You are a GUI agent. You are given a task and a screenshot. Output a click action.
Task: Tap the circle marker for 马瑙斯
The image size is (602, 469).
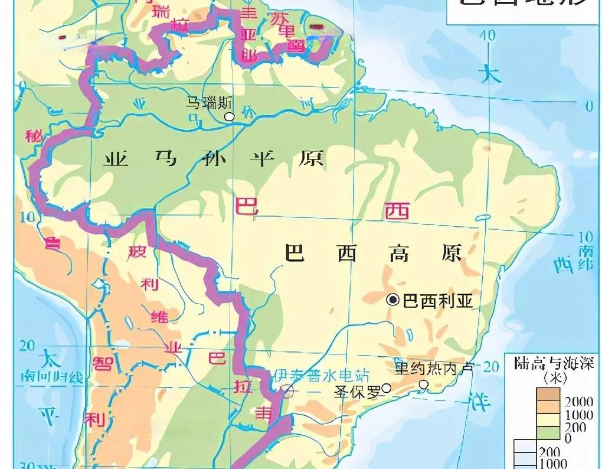pos(230,117)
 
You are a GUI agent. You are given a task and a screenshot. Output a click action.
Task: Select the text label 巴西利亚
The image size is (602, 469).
pos(437,301)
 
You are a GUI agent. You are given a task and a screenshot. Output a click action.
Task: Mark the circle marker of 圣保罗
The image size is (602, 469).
pos(387,387)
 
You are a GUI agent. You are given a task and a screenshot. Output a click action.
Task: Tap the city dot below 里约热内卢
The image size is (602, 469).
pos(424,385)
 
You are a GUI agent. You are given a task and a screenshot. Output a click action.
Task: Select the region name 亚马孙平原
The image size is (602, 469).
pos(213,158)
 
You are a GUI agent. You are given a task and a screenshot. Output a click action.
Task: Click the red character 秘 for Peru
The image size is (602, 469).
pos(32,136)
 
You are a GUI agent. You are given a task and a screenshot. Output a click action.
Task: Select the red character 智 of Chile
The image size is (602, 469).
pos(103,361)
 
